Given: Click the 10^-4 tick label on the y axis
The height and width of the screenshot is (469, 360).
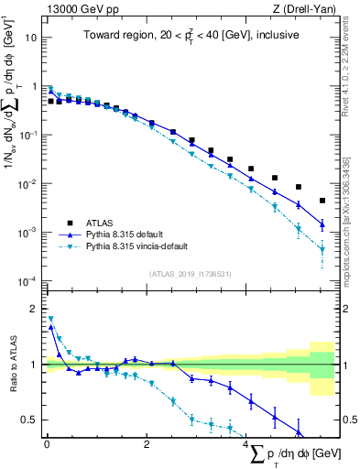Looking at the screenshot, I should [x=29, y=281].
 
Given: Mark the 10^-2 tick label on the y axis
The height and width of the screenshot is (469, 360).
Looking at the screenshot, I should [x=29, y=184].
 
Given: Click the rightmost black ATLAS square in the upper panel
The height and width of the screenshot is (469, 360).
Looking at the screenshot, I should [x=322, y=201].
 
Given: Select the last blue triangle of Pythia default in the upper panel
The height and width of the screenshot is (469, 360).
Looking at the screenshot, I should [x=322, y=224].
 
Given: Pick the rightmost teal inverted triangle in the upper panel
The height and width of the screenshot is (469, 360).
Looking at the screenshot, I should [x=322, y=249].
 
